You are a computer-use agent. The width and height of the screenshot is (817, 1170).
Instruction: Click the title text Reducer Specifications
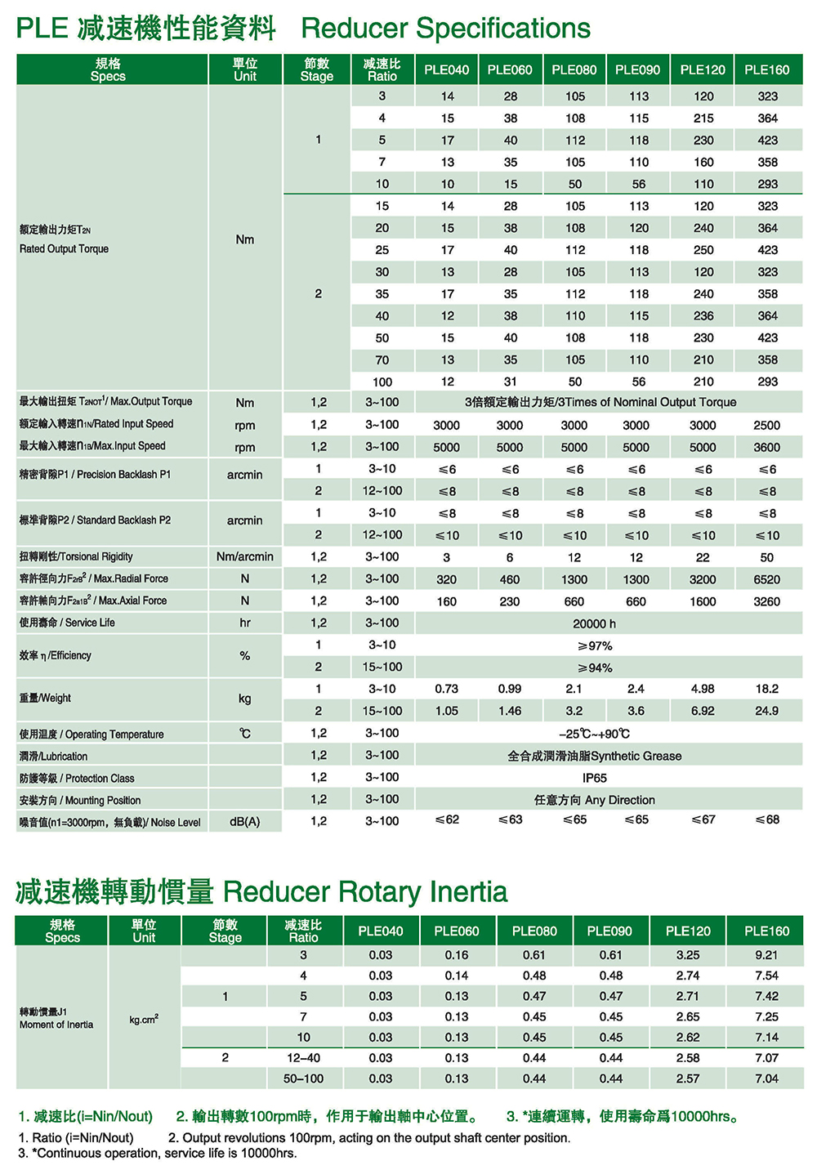click(445, 29)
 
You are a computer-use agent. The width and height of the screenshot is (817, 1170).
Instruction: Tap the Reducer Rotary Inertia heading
click(364, 891)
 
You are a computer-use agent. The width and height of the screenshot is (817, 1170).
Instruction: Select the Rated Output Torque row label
click(64, 248)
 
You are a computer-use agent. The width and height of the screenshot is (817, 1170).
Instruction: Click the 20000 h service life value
click(594, 623)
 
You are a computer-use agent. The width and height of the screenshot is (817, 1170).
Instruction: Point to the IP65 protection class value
click(594, 778)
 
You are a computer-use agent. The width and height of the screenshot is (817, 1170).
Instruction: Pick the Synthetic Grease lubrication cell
click(594, 756)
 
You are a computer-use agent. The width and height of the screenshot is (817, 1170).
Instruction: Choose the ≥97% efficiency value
click(594, 645)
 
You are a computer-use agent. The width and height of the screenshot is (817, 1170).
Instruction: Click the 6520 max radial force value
click(766, 579)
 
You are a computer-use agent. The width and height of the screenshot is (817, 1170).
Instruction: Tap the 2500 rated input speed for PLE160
click(766, 425)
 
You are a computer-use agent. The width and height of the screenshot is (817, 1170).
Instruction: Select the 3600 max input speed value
click(766, 447)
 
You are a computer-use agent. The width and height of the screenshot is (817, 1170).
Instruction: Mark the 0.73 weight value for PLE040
click(446, 689)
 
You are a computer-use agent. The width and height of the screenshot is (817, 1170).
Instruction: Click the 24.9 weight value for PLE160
click(766, 711)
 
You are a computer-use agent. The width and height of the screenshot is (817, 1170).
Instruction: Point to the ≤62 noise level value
click(446, 819)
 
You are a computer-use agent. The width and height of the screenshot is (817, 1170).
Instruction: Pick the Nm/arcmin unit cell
click(244, 557)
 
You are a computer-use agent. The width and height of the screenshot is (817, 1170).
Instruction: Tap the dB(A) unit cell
click(244, 821)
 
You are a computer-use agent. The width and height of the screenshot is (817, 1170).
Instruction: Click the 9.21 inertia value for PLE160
click(766, 954)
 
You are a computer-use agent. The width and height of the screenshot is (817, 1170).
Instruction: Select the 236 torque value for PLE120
click(703, 315)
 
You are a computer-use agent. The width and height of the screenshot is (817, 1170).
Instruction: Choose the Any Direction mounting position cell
click(594, 800)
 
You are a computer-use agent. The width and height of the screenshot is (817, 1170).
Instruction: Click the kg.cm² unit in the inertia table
click(144, 1019)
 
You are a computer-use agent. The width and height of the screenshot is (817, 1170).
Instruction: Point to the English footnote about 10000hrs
click(158, 1153)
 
